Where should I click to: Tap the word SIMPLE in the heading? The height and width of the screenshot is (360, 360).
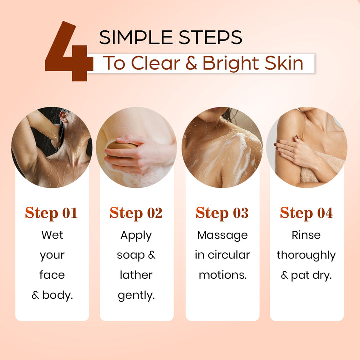136,37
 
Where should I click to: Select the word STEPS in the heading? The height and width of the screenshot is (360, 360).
210,37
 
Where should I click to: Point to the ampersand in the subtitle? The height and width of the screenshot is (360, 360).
191,64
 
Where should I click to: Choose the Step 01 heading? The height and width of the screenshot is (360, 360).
51,213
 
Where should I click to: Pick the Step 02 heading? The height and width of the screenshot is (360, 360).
136,213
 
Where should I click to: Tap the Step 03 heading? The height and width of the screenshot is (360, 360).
222,213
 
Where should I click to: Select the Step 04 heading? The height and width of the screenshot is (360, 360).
306,213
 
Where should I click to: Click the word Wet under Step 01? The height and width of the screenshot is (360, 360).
52,235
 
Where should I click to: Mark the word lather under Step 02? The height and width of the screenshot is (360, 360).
136,275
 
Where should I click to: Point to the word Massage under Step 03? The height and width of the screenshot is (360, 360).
222,236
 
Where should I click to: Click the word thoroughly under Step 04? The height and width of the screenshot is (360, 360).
306,256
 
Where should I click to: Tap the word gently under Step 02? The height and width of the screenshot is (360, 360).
136,296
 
